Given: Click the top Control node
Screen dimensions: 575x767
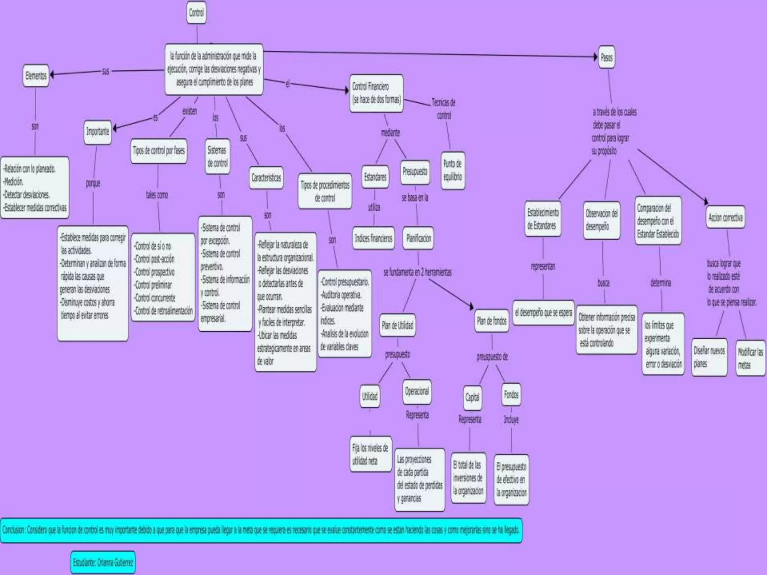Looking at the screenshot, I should [x=196, y=13].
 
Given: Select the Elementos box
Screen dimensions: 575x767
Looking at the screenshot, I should [x=36, y=76].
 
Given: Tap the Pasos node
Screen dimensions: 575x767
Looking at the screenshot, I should [x=606, y=57].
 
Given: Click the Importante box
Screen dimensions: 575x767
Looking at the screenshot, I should [x=97, y=132].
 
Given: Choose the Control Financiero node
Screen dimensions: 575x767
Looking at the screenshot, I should [x=376, y=93].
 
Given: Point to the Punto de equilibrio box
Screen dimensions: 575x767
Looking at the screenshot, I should [x=452, y=170].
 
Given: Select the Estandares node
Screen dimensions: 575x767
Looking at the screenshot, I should [x=375, y=177].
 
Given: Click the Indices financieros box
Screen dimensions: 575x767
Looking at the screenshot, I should [x=373, y=238].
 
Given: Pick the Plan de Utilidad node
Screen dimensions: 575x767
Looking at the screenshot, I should [x=397, y=325].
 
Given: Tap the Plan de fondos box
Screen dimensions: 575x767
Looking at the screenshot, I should [x=491, y=321].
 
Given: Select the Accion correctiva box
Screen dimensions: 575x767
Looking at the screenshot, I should [x=725, y=217].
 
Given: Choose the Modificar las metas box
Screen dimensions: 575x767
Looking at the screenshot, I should [x=750, y=358].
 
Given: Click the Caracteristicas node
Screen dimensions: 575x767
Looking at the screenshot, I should [x=266, y=178].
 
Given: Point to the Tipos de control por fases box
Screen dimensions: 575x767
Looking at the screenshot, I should [x=158, y=151].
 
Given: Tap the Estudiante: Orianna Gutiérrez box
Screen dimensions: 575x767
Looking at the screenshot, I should [x=103, y=562].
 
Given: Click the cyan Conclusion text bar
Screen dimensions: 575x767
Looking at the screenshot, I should [x=261, y=530].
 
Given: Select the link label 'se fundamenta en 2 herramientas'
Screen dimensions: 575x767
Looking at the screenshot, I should [x=418, y=272].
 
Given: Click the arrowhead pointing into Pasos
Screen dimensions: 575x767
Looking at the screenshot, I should [x=595, y=57].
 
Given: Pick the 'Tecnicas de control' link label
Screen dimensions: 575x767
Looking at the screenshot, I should [x=444, y=109].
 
